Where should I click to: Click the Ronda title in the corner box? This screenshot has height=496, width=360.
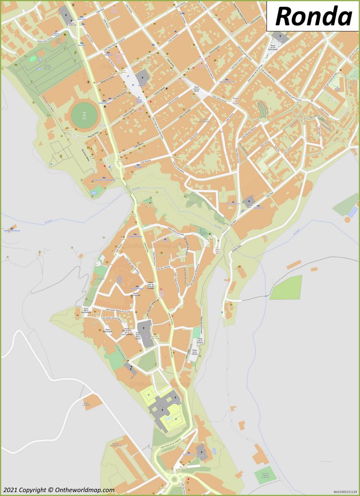coord(313,16)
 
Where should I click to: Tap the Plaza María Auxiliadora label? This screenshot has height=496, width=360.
coord(86,311)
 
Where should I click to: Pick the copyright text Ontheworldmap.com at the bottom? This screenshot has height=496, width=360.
coord(58,490)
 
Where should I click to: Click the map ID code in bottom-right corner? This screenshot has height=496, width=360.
coord(345,492)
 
